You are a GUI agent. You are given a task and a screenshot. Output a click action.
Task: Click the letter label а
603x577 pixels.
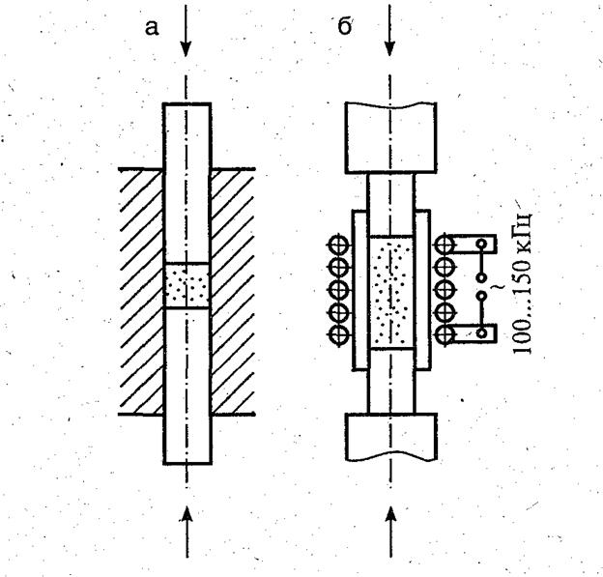152,28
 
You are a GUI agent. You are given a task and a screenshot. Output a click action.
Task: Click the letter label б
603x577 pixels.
345,27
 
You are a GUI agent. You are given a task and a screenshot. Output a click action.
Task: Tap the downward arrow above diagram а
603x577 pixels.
187,31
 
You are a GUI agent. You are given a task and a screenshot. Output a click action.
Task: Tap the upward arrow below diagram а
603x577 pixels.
187,532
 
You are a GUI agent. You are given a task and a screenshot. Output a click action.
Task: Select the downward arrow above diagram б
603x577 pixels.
390,30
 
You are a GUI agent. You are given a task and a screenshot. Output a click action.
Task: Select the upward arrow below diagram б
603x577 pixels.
390,532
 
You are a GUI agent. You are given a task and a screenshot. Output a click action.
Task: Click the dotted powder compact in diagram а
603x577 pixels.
187,285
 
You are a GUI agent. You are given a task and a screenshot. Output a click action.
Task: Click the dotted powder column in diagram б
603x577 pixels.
390,292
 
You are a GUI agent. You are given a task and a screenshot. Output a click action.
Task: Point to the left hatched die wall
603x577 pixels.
141,292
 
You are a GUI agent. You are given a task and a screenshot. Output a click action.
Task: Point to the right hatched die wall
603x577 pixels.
233,292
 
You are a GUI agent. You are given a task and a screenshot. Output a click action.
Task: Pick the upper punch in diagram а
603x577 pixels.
187,184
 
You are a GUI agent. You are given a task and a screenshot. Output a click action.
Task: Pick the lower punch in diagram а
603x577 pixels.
187,386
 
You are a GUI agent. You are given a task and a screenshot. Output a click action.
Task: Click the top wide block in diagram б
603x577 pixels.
390,137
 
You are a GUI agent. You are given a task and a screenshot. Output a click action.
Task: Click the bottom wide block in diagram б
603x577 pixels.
391,438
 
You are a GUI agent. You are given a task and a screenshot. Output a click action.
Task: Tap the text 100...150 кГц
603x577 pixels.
522,282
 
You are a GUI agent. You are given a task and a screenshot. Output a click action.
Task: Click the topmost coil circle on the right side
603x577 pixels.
445,245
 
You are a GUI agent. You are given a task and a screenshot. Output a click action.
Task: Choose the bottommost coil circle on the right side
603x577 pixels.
445,334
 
